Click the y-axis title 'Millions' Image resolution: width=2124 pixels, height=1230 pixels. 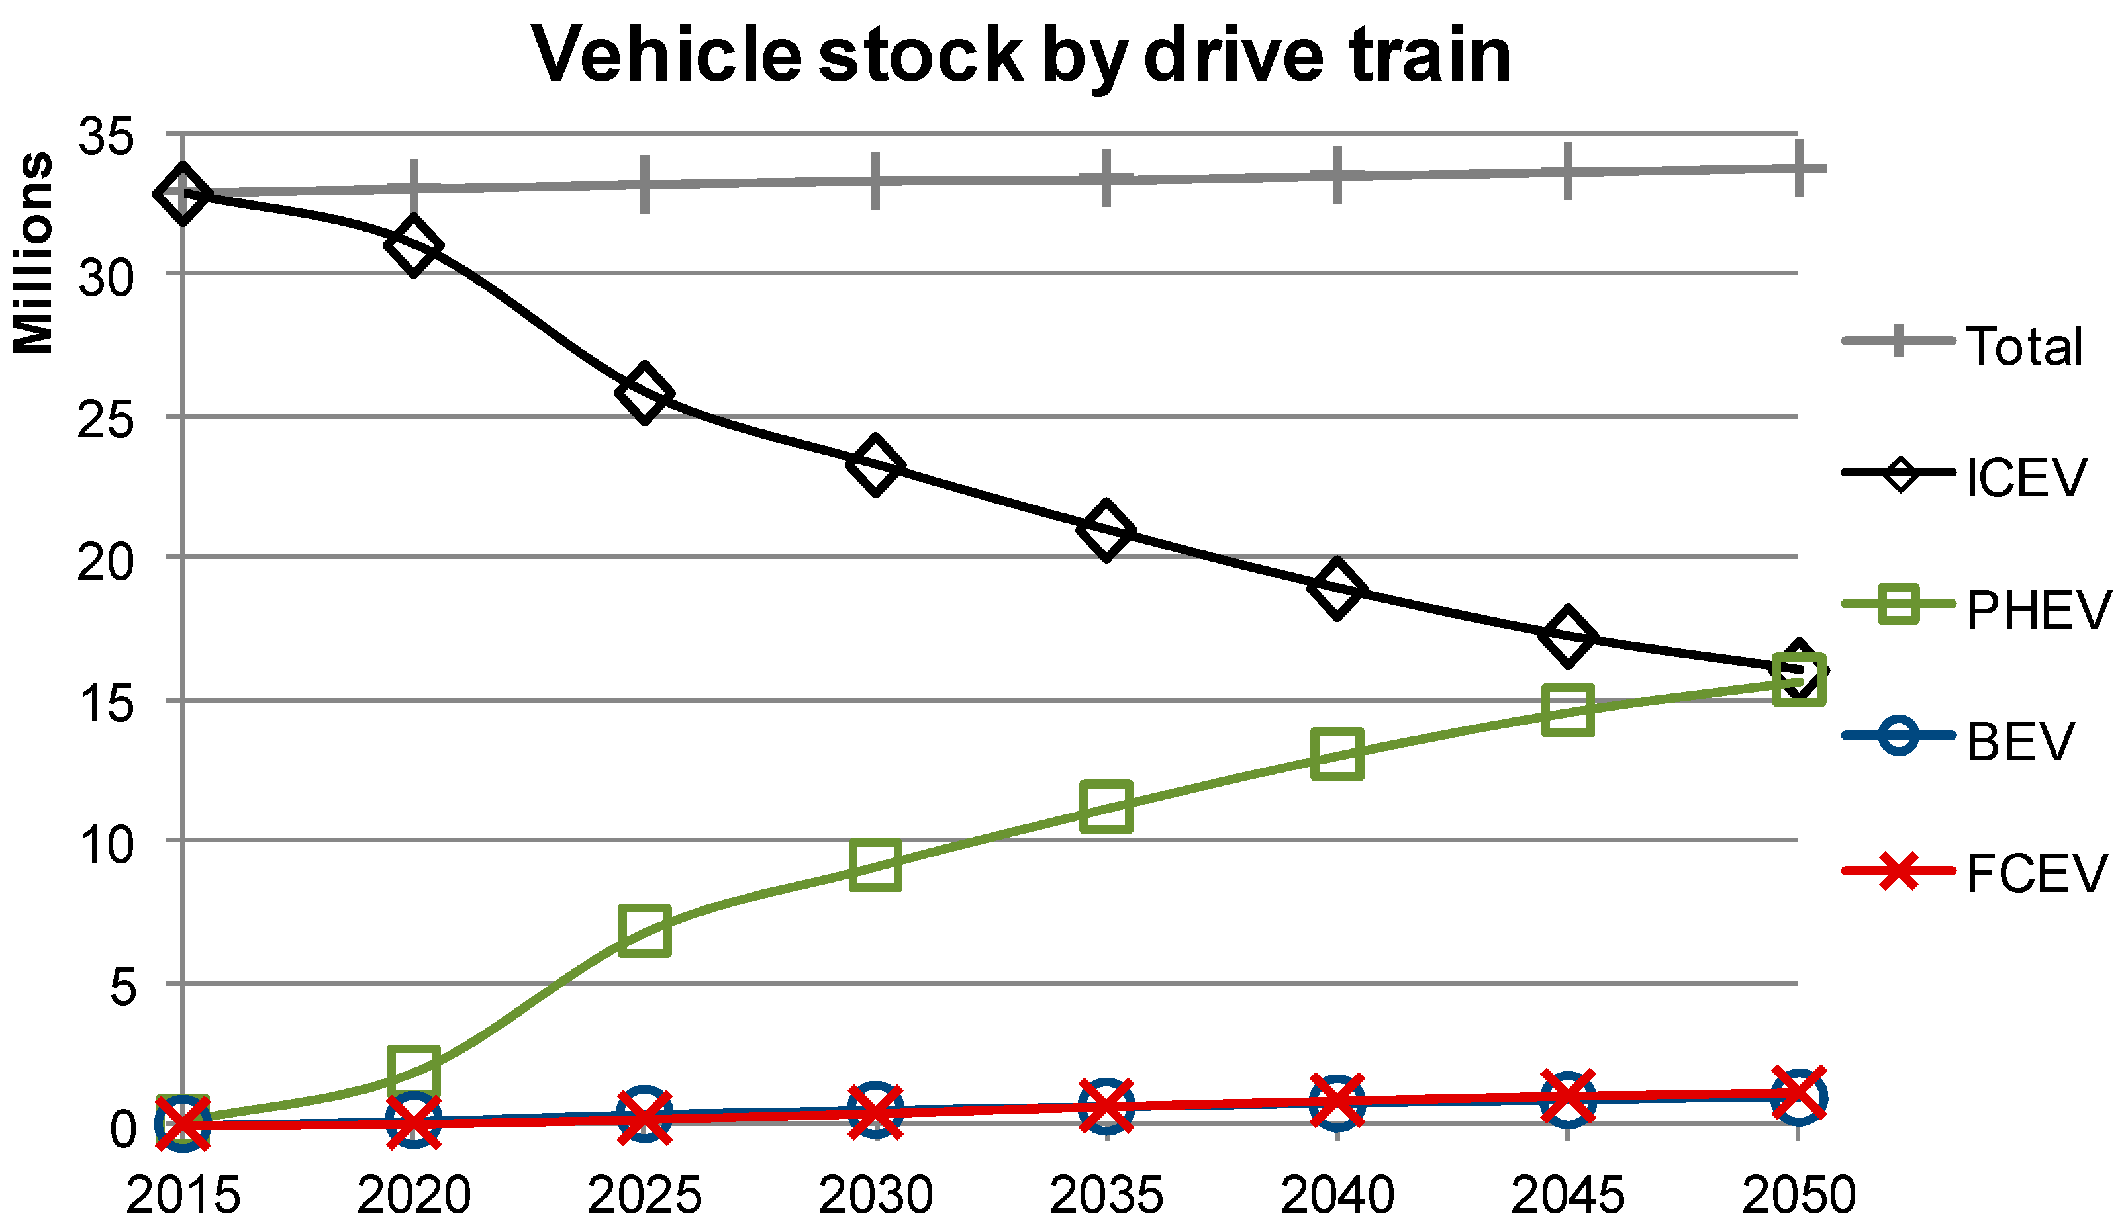(34, 253)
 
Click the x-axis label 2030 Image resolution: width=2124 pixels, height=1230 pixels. (876, 1195)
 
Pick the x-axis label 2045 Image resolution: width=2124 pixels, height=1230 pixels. (1568, 1195)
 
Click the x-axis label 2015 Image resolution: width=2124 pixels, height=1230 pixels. (183, 1195)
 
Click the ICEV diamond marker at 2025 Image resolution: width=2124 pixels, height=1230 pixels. (644, 394)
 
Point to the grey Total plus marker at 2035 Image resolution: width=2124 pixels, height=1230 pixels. (1106, 178)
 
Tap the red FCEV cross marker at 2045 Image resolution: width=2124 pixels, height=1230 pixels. (1568, 1097)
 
